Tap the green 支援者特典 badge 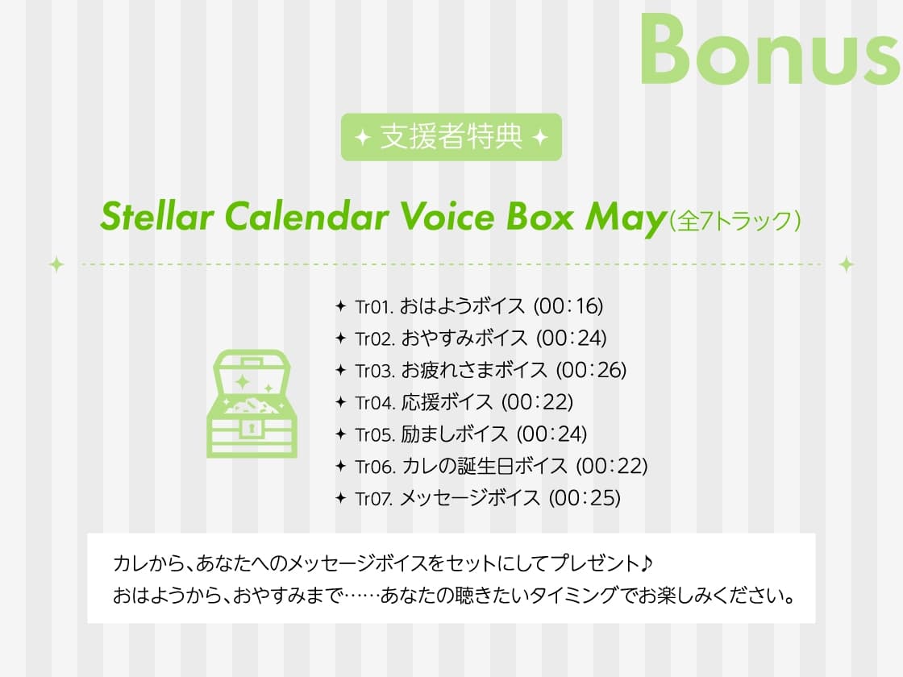tap(451, 137)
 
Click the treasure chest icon tap(252, 404)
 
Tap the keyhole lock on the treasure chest tap(252, 426)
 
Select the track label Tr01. tap(373, 306)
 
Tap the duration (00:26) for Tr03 tap(591, 370)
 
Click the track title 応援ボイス tap(447, 402)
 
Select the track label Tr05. tap(374, 434)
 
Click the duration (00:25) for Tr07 tap(585, 498)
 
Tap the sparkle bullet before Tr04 tap(340, 402)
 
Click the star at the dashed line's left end tap(56, 264)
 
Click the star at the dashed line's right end tap(847, 264)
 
